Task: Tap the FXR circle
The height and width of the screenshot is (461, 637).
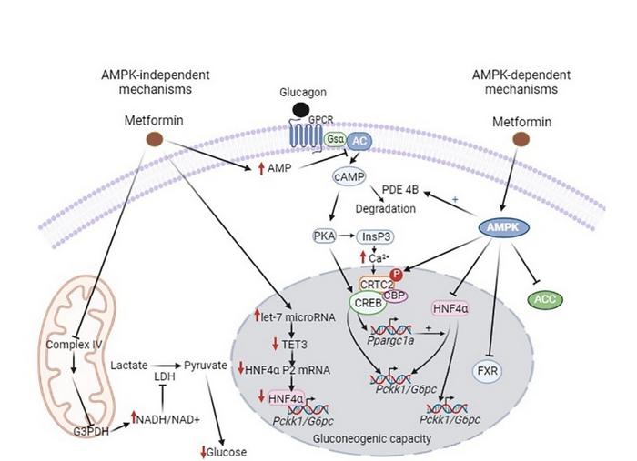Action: coord(485,370)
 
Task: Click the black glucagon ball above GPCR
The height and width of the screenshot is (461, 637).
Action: coord(299,110)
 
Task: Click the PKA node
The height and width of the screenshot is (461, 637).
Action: coord(325,236)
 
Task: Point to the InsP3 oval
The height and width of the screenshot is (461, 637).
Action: coord(377,237)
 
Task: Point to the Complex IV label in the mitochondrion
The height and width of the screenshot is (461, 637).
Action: coord(70,346)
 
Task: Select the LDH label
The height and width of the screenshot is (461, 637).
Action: coord(166,376)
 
